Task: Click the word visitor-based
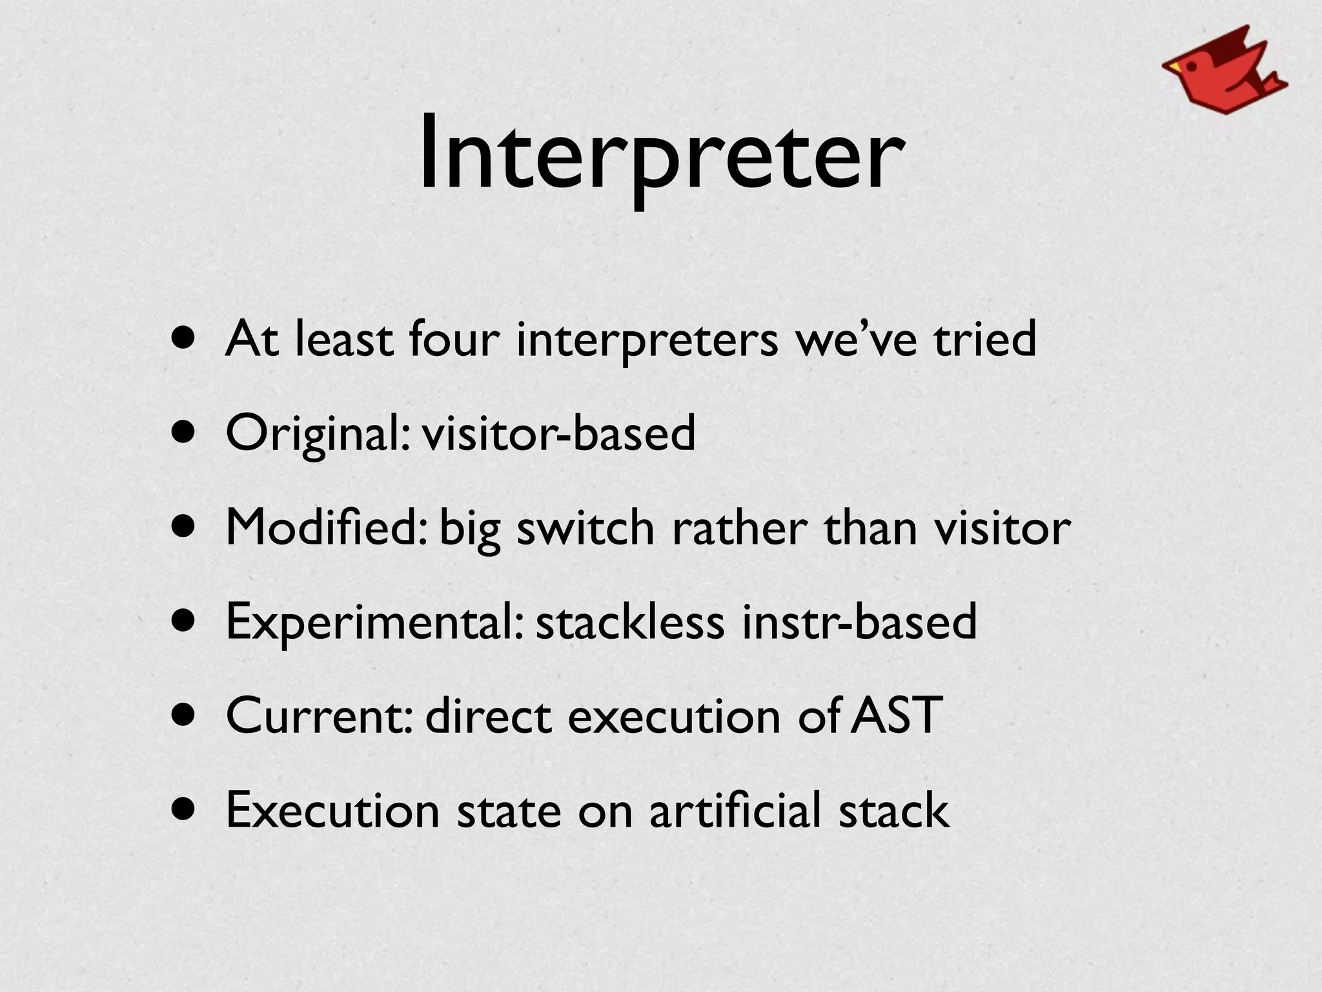click(559, 433)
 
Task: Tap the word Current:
click(319, 716)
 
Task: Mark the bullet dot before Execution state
click(185, 810)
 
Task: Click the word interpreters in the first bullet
click(647, 340)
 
